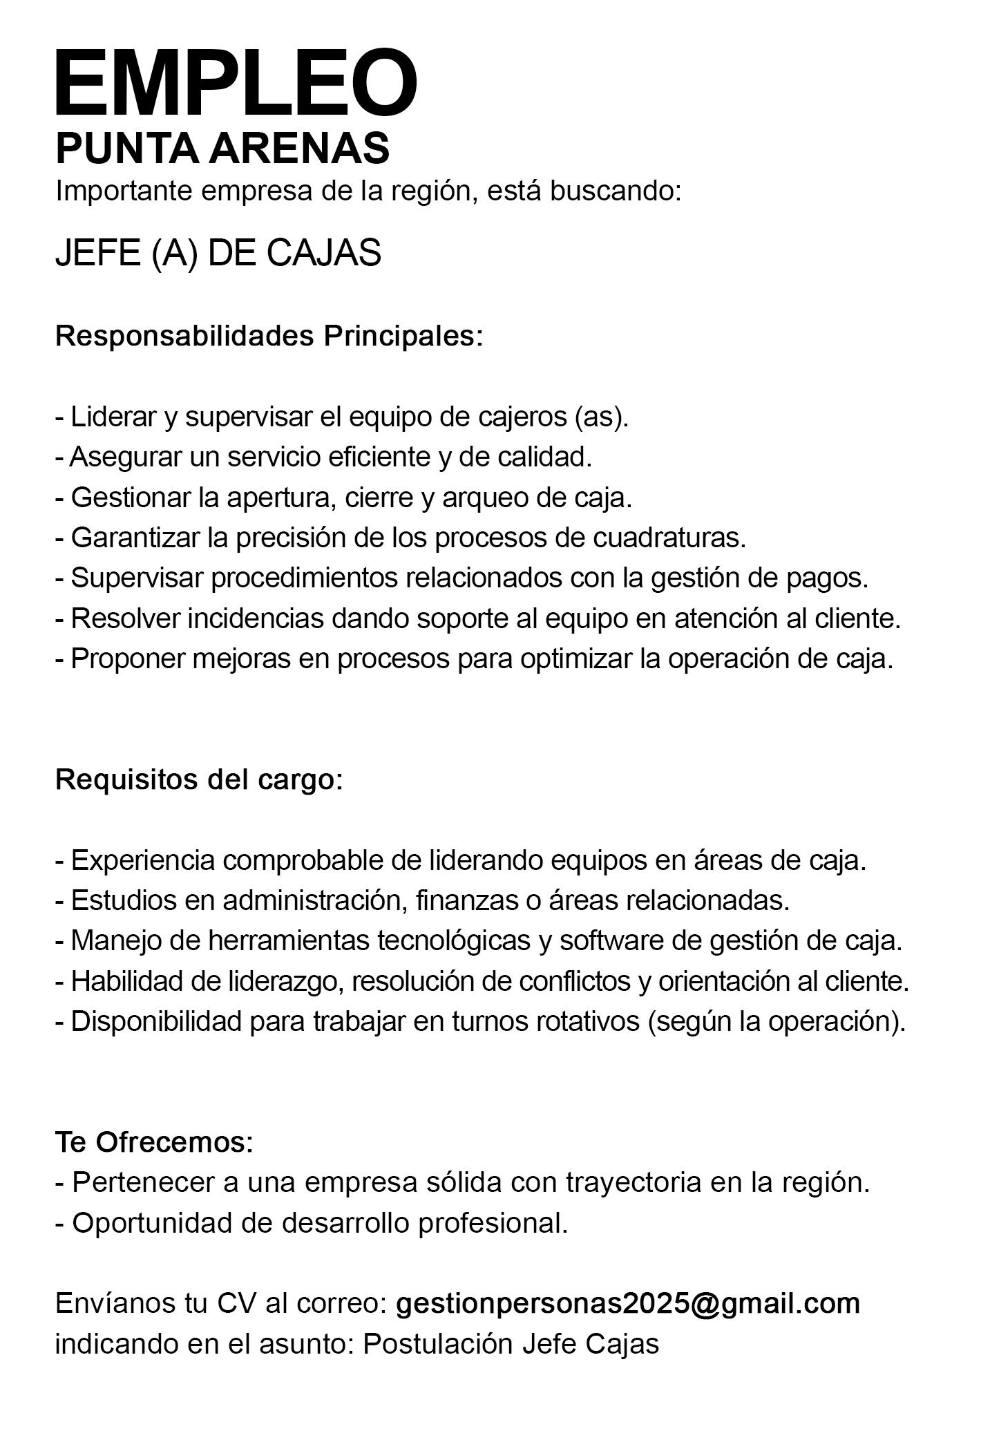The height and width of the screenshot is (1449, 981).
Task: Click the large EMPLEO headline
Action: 236,83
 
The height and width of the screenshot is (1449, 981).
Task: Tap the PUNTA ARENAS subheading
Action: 222,148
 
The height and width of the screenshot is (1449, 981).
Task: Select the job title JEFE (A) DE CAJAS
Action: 218,253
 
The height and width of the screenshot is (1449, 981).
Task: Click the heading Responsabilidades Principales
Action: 269,337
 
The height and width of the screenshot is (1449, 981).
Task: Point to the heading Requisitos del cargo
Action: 198,779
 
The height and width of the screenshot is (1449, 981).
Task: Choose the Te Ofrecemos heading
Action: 154,1142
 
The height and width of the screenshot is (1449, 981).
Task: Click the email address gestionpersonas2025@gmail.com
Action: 628,1303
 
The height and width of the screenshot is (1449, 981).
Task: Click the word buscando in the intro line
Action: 616,191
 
